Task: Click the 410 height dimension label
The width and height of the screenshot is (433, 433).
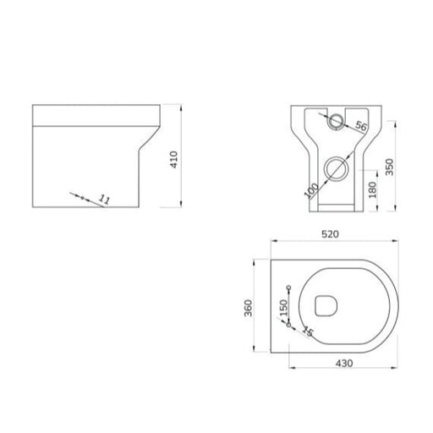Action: pyautogui.click(x=174, y=160)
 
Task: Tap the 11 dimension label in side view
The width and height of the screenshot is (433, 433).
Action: pyautogui.click(x=104, y=200)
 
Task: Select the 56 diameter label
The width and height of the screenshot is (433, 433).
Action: pyautogui.click(x=361, y=126)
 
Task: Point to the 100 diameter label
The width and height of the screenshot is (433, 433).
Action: pyautogui.click(x=311, y=190)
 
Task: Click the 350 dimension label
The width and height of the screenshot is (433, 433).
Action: pyautogui.click(x=389, y=167)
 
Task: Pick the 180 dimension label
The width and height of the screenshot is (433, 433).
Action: pyautogui.click(x=372, y=189)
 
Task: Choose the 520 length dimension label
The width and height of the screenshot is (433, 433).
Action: pyautogui.click(x=330, y=234)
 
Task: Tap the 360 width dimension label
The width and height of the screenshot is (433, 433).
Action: pyautogui.click(x=248, y=308)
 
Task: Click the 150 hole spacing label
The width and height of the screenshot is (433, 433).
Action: pyautogui.click(x=283, y=308)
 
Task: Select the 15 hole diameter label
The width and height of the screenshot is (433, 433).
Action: pyautogui.click(x=308, y=331)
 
